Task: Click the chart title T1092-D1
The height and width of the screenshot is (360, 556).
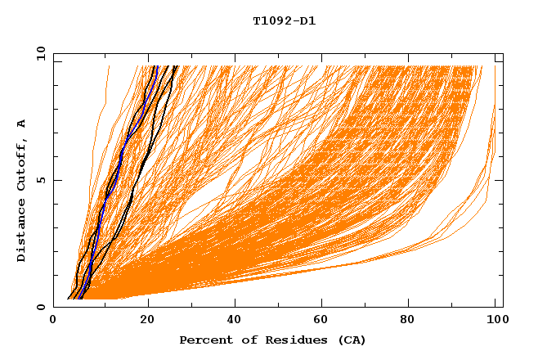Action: click(x=284, y=21)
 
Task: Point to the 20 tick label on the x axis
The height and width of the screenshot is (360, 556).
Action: click(x=146, y=320)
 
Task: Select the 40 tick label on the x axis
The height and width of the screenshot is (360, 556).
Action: click(x=234, y=320)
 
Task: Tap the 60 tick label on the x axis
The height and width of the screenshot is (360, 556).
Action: click(x=322, y=320)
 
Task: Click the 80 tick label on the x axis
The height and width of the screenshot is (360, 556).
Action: click(x=410, y=320)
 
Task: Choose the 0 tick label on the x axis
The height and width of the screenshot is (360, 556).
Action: click(x=54, y=320)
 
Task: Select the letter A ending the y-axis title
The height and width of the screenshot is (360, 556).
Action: click(x=22, y=124)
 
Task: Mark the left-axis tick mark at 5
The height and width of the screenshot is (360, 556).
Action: click(x=56, y=180)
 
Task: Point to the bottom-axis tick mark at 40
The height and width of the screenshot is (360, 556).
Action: click(x=234, y=304)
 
